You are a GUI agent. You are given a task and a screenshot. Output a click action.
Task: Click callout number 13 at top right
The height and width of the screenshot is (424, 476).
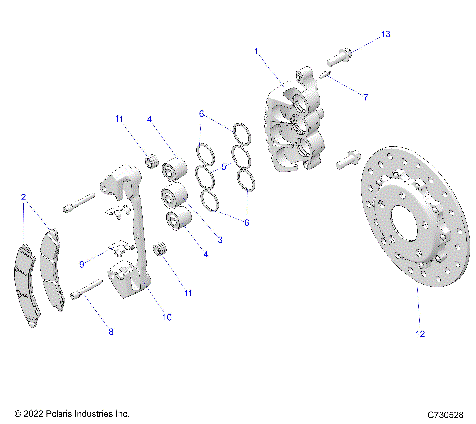tap(386, 35)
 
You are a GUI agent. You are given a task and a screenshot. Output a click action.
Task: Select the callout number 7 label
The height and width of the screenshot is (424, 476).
tap(365, 97)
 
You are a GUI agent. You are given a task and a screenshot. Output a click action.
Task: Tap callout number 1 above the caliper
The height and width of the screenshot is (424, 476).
tap(256, 50)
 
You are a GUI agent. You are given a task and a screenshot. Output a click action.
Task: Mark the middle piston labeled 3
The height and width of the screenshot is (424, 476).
tap(177, 195)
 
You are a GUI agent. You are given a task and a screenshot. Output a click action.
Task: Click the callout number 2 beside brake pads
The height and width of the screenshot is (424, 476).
tap(23, 198)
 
